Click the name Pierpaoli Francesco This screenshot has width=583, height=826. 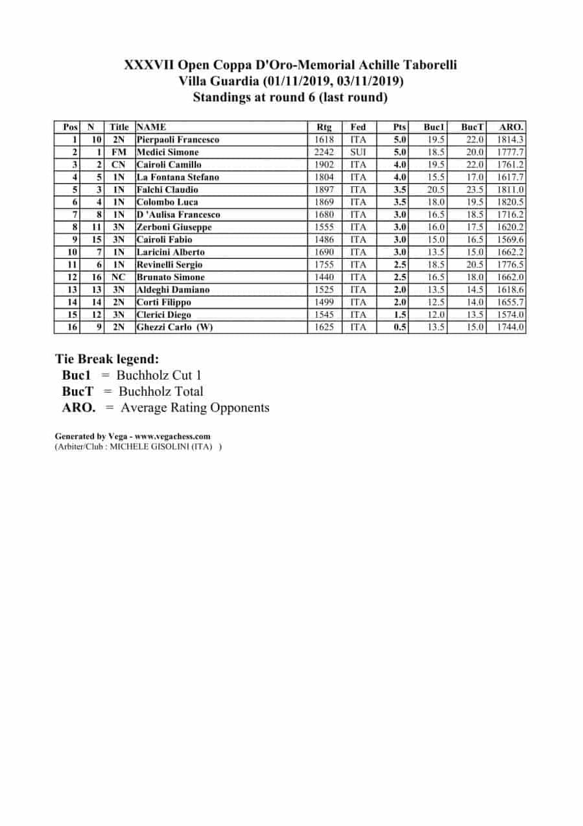point(178,140)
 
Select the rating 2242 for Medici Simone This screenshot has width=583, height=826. point(323,152)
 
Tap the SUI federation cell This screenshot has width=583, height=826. point(358,152)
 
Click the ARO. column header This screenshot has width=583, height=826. point(510,127)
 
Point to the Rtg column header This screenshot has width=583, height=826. point(323,127)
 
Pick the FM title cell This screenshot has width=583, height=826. point(118,152)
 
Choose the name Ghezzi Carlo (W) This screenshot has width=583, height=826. point(174,327)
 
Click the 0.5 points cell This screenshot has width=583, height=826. point(400,327)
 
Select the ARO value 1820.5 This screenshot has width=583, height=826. point(510,202)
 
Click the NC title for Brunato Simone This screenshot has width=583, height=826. point(118,277)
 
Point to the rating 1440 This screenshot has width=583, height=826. point(323,277)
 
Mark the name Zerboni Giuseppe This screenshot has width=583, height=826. point(174,227)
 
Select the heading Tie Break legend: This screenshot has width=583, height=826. point(107,359)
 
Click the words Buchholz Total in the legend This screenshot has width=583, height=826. point(161,391)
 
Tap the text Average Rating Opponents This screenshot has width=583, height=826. point(195,407)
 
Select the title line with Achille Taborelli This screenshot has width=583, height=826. point(291,66)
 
